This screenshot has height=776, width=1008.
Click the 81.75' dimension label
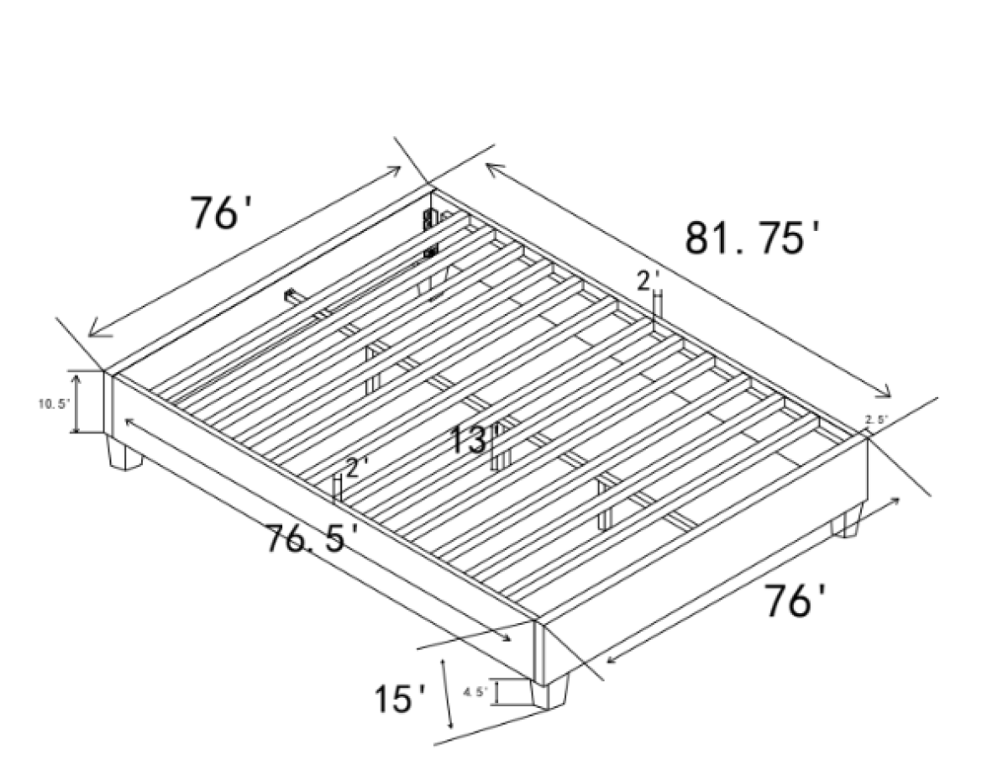tap(752, 237)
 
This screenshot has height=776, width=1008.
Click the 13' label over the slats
tap(475, 439)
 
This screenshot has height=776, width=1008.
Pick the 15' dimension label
tap(400, 698)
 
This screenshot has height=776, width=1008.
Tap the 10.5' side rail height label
tap(53, 404)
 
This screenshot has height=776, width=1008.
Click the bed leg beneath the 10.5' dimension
tap(124, 454)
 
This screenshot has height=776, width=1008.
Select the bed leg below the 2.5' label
tap(845, 524)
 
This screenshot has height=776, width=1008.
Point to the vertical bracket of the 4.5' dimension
tap(497, 692)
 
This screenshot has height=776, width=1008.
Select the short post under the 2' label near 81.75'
tap(658, 307)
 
